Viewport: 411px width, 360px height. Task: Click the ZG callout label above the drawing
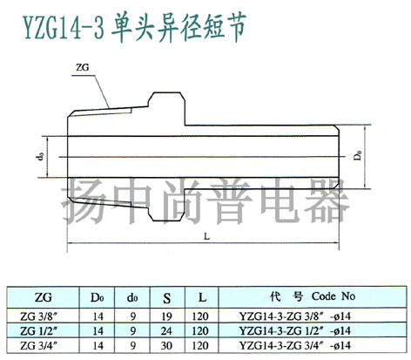(x=82, y=67)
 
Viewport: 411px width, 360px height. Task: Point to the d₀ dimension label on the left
(x=41, y=157)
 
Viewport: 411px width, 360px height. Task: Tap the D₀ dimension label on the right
(x=358, y=155)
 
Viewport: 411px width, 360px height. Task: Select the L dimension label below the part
(x=206, y=236)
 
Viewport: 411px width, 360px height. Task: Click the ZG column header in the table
(x=43, y=297)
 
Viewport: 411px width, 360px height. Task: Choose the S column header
(x=167, y=298)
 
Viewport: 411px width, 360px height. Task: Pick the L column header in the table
(x=202, y=297)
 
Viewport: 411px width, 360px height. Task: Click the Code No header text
(x=334, y=296)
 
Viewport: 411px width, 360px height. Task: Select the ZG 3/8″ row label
(x=38, y=316)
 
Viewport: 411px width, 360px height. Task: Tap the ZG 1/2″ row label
(x=38, y=330)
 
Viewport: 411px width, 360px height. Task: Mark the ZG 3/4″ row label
(x=38, y=345)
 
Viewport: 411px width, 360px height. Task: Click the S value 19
(x=167, y=316)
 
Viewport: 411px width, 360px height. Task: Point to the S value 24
(x=167, y=331)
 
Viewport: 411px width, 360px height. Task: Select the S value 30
(x=167, y=346)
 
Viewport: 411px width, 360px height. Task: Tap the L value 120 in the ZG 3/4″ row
(x=200, y=346)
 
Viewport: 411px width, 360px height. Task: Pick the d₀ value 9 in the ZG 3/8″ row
(x=133, y=316)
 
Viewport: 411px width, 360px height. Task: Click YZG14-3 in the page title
(x=64, y=29)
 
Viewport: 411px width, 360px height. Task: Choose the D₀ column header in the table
(x=98, y=297)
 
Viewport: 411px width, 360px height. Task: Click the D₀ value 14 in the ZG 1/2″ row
(x=98, y=331)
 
